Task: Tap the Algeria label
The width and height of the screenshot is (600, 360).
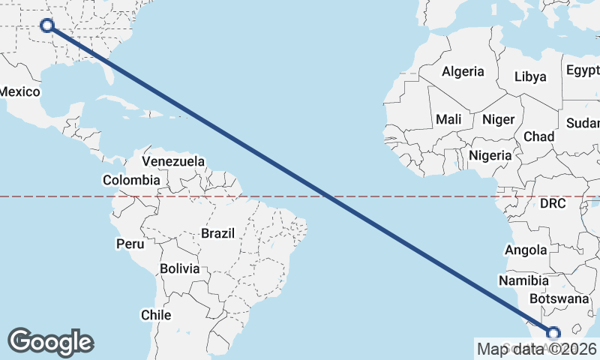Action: tap(463, 72)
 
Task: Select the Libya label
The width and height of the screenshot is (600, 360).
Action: tap(530, 76)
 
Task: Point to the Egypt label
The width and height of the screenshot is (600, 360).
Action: tap(583, 70)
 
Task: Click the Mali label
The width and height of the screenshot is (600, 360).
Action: tap(448, 119)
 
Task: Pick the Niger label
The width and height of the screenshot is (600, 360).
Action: tap(498, 119)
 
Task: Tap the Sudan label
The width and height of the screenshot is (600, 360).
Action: tap(583, 123)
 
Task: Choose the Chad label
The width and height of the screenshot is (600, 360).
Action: tap(538, 136)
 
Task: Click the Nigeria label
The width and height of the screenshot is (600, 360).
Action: tap(490, 155)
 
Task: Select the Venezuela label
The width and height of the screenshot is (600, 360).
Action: tap(173, 161)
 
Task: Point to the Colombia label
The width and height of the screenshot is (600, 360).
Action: tap(131, 180)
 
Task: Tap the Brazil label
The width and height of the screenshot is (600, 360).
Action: tap(217, 233)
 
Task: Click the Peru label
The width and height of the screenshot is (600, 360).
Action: tap(130, 244)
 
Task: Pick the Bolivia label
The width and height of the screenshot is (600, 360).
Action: tap(180, 268)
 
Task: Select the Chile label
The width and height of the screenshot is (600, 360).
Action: tap(157, 315)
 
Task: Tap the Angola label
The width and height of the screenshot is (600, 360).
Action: tap(527, 250)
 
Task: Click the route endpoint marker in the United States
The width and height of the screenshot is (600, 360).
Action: tap(47, 25)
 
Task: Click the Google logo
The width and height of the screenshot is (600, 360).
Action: tap(50, 341)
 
